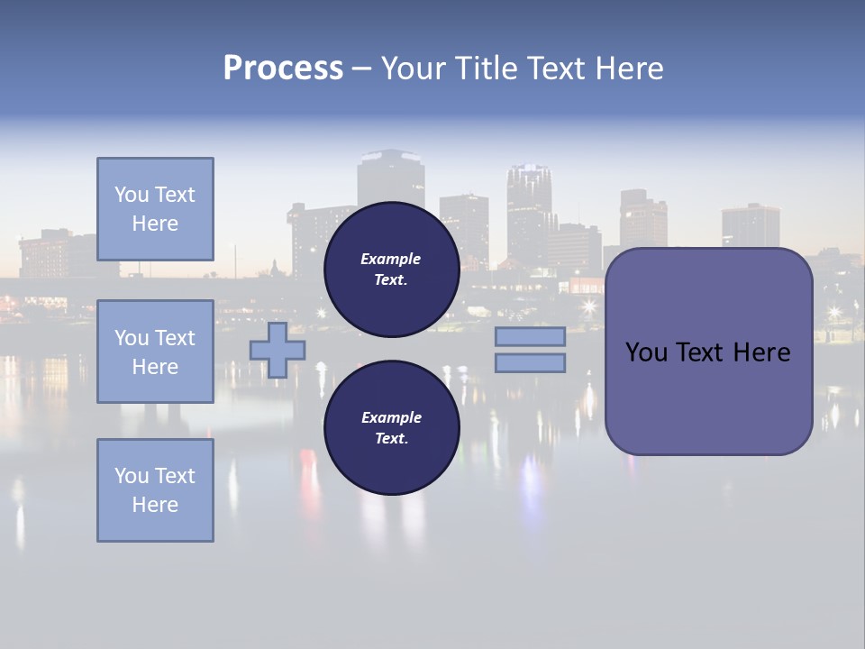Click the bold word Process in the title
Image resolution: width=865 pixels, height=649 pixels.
(x=283, y=69)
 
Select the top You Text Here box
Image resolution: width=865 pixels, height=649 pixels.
(x=155, y=209)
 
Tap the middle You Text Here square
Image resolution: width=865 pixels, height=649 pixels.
(x=155, y=352)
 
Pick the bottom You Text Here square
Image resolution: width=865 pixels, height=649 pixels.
(x=155, y=490)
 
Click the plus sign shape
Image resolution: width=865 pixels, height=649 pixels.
(x=278, y=350)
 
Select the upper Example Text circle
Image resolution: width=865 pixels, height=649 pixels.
(x=391, y=269)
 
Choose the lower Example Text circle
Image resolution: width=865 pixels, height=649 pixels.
(x=391, y=427)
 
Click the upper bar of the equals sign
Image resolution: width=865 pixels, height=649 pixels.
(x=530, y=336)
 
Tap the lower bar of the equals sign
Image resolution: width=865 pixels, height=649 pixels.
(x=530, y=363)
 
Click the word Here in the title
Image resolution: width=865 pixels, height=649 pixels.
(x=629, y=69)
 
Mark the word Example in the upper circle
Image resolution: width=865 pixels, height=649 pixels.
(x=391, y=259)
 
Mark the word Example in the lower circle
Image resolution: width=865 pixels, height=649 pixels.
(x=391, y=417)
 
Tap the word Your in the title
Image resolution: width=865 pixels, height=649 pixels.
(x=414, y=69)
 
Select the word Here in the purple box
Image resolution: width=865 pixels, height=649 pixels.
(x=761, y=352)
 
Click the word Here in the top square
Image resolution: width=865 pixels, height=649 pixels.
(x=155, y=224)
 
